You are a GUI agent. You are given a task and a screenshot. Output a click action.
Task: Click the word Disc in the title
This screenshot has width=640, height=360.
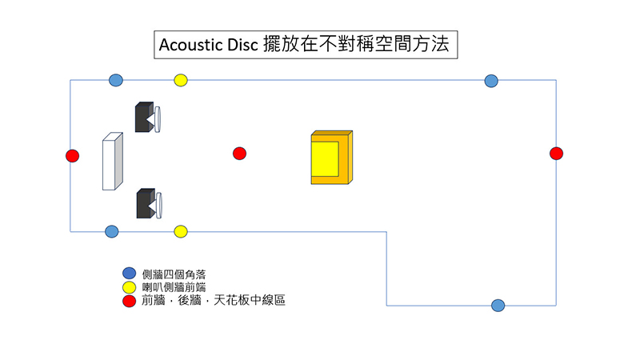242,45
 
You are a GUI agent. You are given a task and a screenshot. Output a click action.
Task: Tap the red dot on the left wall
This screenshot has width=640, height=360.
72,155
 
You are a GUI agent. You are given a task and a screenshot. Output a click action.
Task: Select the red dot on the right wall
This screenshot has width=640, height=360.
557,154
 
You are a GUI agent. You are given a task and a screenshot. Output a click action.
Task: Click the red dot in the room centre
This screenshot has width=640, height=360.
239,154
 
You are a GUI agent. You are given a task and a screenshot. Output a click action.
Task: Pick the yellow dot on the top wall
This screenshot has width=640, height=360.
181,80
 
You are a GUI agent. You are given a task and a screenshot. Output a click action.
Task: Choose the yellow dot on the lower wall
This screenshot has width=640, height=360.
181,231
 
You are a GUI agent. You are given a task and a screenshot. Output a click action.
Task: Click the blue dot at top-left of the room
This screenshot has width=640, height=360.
116,80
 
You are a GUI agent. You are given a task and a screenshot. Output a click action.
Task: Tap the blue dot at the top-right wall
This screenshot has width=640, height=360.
491,80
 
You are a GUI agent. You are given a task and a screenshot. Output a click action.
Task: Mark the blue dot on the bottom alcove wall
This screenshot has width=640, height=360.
498,305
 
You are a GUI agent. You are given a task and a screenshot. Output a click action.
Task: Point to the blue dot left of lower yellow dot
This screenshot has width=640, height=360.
112,231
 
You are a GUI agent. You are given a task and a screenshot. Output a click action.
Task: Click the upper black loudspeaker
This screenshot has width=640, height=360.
146,118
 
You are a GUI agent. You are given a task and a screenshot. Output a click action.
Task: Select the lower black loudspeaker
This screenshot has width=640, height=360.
146,203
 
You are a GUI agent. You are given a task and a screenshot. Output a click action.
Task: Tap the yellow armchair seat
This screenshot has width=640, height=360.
326,158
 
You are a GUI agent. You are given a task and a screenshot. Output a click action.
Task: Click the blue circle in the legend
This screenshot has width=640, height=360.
128,274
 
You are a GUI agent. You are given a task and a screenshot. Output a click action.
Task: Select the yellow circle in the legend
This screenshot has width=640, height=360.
128,287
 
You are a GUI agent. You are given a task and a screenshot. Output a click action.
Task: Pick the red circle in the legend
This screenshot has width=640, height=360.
128,301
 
